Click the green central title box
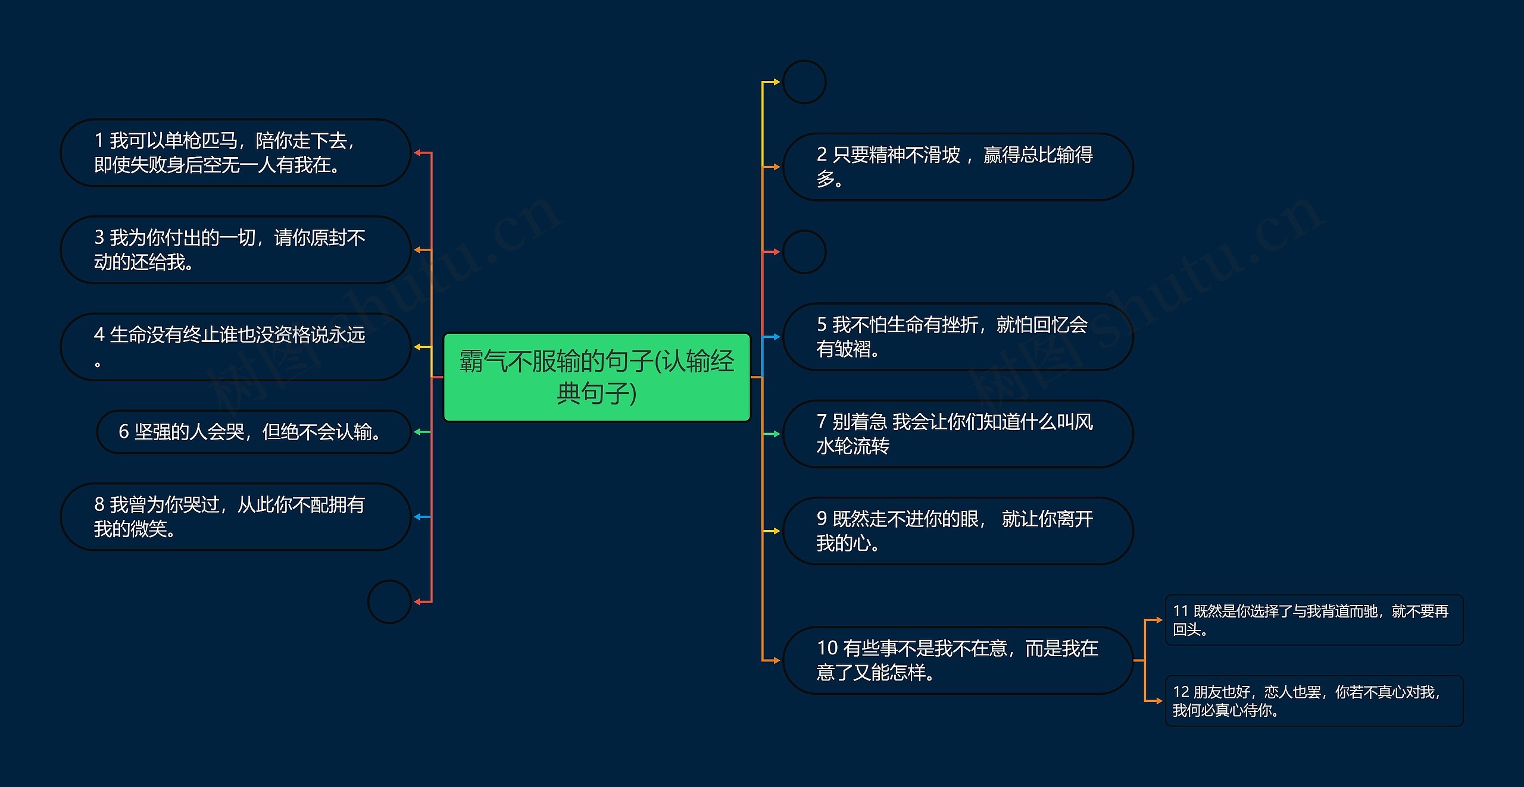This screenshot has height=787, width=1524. (x=597, y=377)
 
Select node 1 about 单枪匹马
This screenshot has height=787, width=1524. (x=235, y=153)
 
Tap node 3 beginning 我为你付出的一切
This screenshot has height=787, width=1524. (x=235, y=250)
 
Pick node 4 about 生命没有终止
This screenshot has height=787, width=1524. (x=235, y=347)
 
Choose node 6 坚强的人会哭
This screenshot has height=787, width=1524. (x=253, y=432)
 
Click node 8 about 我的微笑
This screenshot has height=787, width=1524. (x=235, y=517)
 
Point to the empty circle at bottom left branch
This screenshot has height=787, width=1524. (x=389, y=602)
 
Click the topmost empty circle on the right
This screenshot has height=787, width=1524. (x=804, y=82)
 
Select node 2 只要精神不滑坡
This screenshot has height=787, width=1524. (x=957, y=167)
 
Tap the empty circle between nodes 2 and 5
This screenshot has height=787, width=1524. (x=804, y=252)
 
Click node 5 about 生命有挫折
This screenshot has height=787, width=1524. (x=957, y=337)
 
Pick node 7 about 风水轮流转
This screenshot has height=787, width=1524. (x=957, y=434)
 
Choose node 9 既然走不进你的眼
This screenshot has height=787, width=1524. (x=957, y=531)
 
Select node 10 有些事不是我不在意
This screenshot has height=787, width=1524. (x=957, y=660)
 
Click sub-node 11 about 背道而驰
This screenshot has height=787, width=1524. (x=1313, y=620)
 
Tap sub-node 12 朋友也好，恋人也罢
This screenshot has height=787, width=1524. (x=1313, y=701)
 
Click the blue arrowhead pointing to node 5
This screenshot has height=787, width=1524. (x=776, y=337)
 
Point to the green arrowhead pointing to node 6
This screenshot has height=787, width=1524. (x=418, y=432)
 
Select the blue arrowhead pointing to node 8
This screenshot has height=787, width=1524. (x=418, y=517)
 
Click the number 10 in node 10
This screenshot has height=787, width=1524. (x=827, y=648)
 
